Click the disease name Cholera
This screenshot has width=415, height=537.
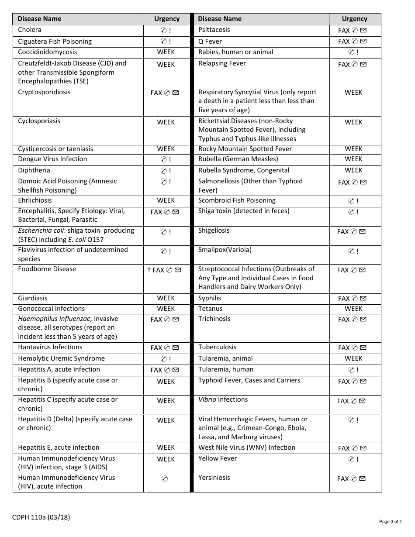click(x=30, y=30)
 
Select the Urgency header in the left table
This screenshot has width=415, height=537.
click(x=167, y=19)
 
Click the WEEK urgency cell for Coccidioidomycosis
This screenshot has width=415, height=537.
click(x=166, y=52)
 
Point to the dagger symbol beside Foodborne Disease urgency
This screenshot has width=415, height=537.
click(x=149, y=270)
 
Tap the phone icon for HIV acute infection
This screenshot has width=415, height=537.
click(x=165, y=479)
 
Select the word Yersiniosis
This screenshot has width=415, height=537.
click(x=214, y=478)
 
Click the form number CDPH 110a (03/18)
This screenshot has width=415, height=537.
click(x=41, y=518)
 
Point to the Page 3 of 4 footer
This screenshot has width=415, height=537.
click(x=390, y=522)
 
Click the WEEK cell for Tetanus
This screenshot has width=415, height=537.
click(x=353, y=309)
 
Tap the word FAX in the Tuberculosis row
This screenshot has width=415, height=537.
click(x=344, y=348)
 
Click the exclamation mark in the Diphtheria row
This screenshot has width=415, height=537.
click(x=170, y=171)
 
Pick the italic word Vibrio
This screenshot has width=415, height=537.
click(x=207, y=399)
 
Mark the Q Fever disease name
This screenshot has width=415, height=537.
click(x=210, y=41)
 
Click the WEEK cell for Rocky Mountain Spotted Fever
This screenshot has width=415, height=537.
click(x=353, y=149)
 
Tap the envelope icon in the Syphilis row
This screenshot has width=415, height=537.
click(x=363, y=299)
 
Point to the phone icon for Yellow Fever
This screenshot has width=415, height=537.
click(x=351, y=459)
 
